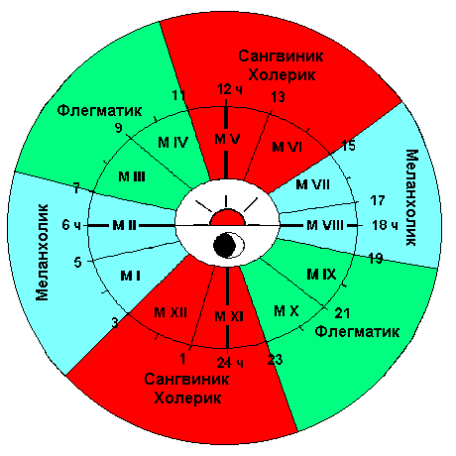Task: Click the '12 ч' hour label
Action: (x=230, y=89)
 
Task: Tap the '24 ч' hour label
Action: (x=230, y=363)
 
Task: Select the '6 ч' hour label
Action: (x=71, y=225)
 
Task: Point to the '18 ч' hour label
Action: (x=385, y=225)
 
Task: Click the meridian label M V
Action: (x=227, y=139)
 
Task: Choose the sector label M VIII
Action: (x=325, y=225)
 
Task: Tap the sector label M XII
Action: (x=171, y=312)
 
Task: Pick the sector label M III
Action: (x=132, y=176)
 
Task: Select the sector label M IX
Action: (x=321, y=274)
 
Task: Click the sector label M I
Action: (x=130, y=276)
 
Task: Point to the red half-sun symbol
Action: (x=228, y=217)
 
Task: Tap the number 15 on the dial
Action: (x=348, y=146)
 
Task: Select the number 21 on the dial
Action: (x=342, y=313)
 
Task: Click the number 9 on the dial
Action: (x=119, y=128)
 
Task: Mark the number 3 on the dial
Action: (x=115, y=322)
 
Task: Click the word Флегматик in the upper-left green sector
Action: (x=99, y=110)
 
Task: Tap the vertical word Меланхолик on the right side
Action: (x=411, y=197)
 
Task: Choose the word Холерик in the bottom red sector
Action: (x=187, y=398)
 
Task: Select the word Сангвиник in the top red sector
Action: (x=281, y=56)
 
